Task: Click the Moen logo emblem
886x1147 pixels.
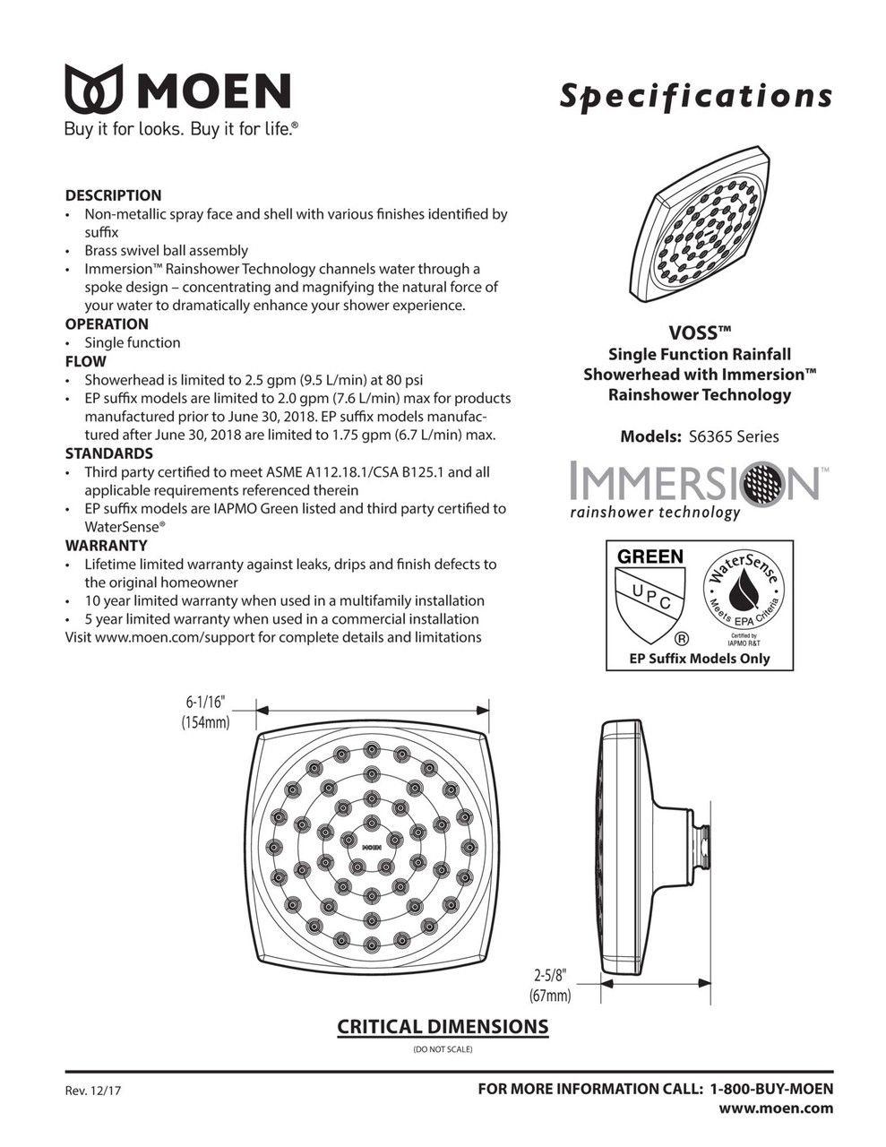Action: point(93,90)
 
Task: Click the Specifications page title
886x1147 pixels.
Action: point(695,96)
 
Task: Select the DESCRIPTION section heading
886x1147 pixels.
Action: point(113,195)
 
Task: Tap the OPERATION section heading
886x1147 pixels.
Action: point(107,324)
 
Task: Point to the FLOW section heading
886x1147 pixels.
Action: point(85,362)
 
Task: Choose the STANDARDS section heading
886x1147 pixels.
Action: point(108,453)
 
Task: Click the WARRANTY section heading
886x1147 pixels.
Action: point(106,546)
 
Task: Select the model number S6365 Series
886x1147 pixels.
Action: point(734,437)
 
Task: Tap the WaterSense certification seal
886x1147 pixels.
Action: point(744,592)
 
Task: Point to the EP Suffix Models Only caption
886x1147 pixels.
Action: point(700,659)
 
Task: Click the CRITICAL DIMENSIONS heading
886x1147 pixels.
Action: point(443,1027)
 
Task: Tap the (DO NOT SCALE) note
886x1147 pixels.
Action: point(443,1049)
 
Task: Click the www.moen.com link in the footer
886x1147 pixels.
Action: point(776,1108)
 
